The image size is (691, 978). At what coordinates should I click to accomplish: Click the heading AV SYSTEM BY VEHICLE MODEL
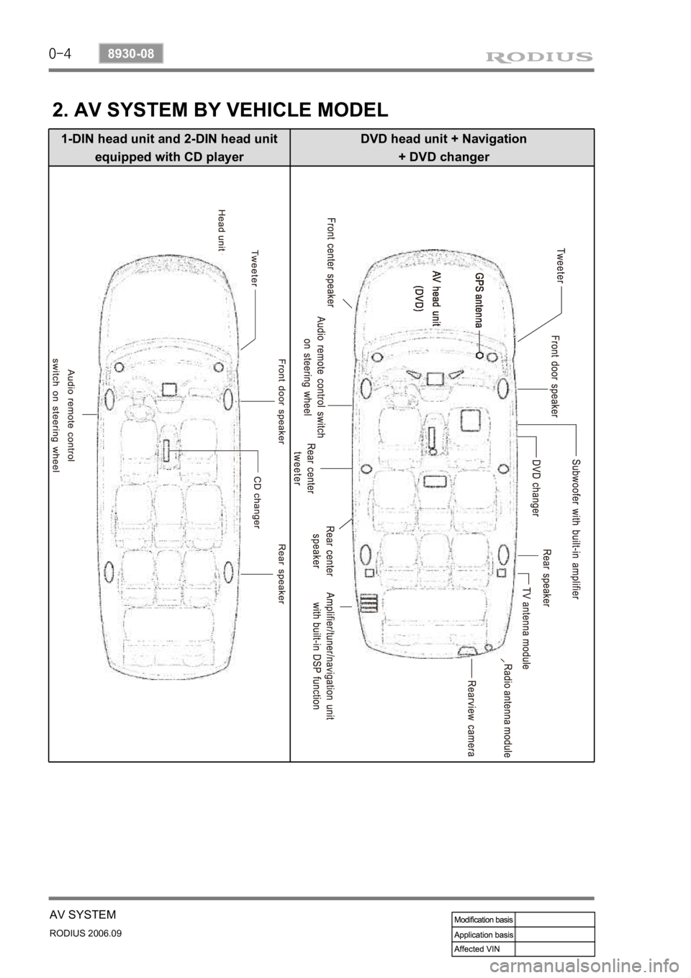click(220, 109)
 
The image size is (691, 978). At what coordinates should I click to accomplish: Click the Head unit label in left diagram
click(222, 228)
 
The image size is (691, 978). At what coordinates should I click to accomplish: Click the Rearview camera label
click(471, 718)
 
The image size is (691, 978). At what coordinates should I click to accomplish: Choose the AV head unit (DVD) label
click(427, 295)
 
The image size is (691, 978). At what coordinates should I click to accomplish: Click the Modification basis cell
click(483, 920)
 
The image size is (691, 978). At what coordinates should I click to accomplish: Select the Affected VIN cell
click(483, 948)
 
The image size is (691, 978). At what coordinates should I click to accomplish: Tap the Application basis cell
click(483, 934)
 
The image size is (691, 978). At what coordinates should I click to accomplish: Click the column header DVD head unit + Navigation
click(443, 139)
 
